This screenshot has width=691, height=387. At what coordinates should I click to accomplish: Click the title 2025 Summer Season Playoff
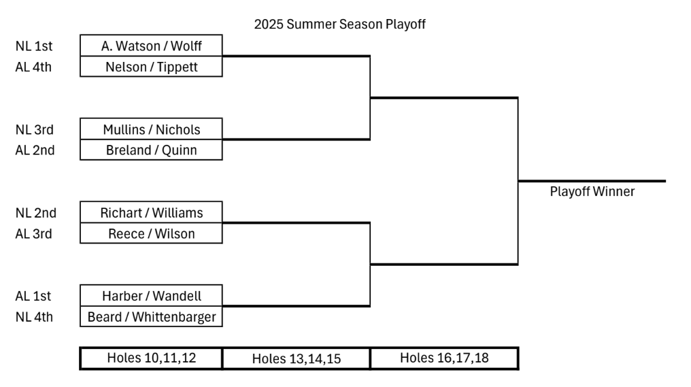point(340,24)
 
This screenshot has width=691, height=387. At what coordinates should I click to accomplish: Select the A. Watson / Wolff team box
point(151,46)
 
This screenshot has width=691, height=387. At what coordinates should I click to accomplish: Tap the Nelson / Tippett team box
point(151,67)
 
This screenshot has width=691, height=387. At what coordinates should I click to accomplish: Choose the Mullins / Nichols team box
point(151,129)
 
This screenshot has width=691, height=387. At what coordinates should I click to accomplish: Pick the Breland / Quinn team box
point(151,150)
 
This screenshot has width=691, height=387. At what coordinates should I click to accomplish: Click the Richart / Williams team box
point(151,212)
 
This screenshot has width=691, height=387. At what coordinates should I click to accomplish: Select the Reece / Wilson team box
point(151,233)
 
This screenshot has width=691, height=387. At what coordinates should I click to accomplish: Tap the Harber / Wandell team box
point(151,296)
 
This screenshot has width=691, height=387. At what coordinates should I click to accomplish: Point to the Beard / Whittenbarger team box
point(151,316)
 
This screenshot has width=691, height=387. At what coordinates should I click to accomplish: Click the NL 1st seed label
point(34,46)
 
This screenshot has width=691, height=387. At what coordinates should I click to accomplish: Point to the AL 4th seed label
point(33,67)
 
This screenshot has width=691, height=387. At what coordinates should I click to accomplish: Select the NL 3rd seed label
point(35,130)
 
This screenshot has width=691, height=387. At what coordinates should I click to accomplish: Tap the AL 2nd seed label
point(35,150)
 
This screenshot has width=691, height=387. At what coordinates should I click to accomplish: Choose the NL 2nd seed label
point(35,213)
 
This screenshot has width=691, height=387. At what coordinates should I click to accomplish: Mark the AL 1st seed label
point(33,296)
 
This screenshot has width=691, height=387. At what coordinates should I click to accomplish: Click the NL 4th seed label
point(34,317)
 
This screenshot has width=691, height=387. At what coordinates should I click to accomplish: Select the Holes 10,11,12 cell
point(151,358)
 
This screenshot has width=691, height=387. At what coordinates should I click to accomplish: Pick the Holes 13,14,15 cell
point(297,358)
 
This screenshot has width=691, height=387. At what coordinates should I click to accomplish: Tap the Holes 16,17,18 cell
point(444,358)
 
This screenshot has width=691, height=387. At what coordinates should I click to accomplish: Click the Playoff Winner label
point(592,191)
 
